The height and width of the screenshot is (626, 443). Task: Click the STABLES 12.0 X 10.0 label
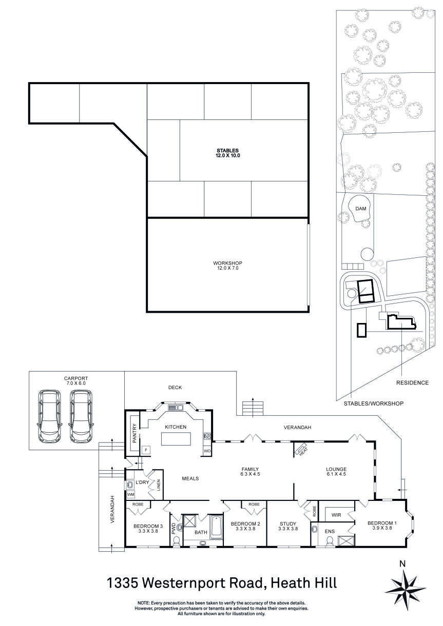click(x=228, y=152)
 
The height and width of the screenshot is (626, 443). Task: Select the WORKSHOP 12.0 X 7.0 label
click(x=227, y=265)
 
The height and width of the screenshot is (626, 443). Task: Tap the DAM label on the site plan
click(x=361, y=209)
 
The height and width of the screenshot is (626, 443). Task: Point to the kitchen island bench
click(x=176, y=439)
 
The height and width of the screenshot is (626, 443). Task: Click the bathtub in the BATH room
click(x=216, y=527)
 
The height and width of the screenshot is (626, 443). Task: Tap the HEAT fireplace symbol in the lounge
click(x=300, y=450)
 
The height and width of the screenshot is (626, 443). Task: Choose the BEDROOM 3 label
click(x=148, y=526)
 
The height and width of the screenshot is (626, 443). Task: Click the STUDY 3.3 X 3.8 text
click(x=288, y=526)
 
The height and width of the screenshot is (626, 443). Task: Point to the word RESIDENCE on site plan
click(x=412, y=383)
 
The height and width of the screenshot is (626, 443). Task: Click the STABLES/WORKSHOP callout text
click(x=373, y=404)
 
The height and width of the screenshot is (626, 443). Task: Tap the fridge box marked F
click(x=146, y=449)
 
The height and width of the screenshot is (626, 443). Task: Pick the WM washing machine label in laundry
click(x=130, y=494)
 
